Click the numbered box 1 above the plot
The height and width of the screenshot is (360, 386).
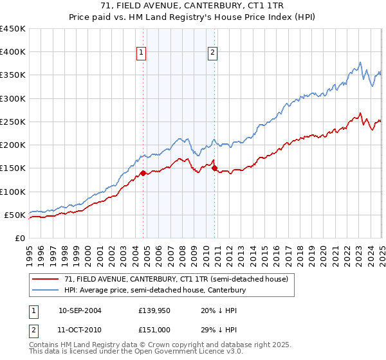(141, 53)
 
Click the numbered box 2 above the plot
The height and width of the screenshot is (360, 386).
(212, 53)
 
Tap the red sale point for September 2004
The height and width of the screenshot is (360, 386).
(143, 173)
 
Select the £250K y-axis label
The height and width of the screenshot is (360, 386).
(12, 122)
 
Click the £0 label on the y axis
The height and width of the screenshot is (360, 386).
(19, 238)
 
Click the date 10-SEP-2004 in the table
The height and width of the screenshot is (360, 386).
(80, 310)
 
